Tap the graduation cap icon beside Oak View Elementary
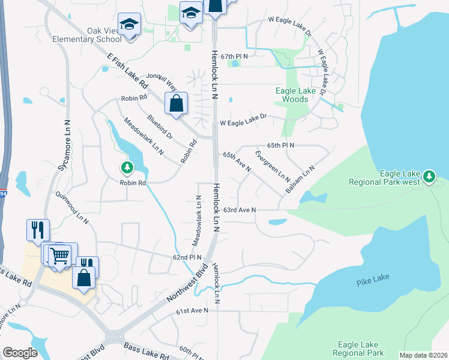click(129, 25)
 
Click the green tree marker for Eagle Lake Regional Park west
click(429, 177)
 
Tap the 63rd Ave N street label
click(240, 210)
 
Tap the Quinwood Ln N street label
click(71, 208)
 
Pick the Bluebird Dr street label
click(160, 127)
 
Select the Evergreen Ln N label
click(272, 167)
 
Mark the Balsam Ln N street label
click(300, 179)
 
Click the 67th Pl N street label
click(234, 56)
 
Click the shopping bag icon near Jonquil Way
click(175, 103)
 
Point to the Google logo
click(20, 353)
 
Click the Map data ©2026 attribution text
click(423, 355)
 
